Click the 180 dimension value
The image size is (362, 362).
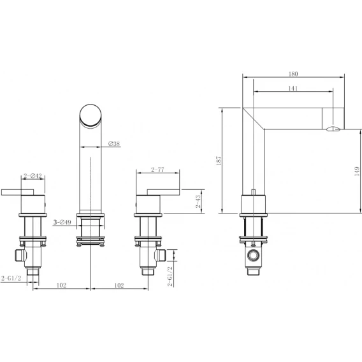(x=293, y=74)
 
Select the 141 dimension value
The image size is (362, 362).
(x=293, y=88)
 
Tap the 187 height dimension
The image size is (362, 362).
(x=219, y=161)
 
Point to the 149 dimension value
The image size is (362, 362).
(x=357, y=171)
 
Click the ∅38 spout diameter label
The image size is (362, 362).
(x=114, y=143)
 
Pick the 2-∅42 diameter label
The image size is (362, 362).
(x=33, y=176)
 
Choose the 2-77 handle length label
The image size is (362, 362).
(x=157, y=170)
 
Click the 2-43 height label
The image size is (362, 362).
(x=198, y=201)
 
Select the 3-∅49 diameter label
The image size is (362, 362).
(x=62, y=222)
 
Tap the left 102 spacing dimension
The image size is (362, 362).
(x=61, y=286)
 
